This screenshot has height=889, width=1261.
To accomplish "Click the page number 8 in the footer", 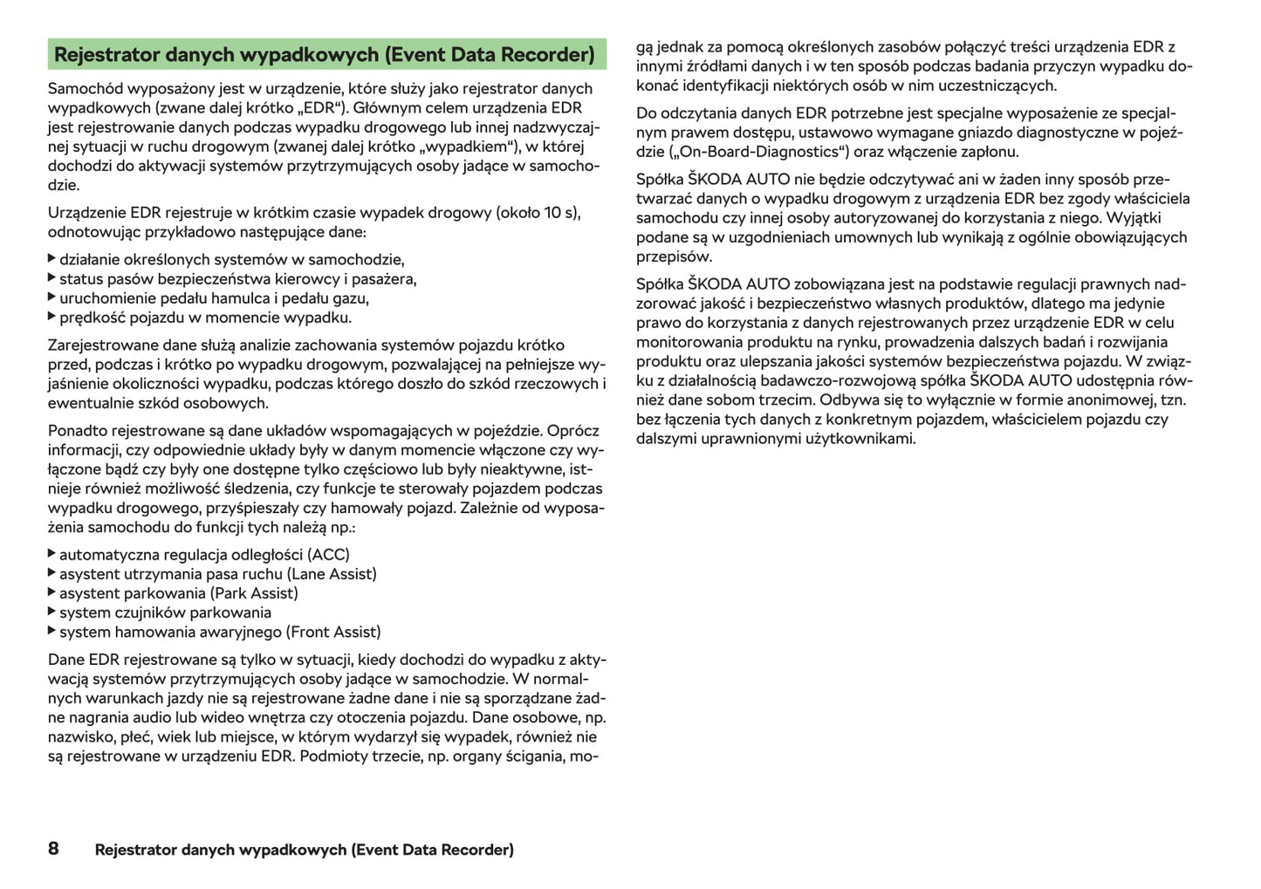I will tap(53, 848).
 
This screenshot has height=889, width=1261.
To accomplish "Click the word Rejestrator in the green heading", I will tap(106, 55).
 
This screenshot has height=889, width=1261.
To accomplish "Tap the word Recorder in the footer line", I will tap(476, 850).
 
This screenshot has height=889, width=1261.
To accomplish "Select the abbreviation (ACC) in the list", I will tap(328, 555).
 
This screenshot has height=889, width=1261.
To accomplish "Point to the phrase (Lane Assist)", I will tap(332, 574).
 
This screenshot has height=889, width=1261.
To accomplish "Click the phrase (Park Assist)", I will tap(254, 593).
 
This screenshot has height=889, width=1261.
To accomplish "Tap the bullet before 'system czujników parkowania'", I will tap(52, 612).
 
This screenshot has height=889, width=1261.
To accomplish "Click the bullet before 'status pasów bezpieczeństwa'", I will tap(52, 278).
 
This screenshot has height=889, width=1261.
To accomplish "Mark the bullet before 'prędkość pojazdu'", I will tap(52, 317).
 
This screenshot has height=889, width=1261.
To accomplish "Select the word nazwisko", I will tap(79, 737).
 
